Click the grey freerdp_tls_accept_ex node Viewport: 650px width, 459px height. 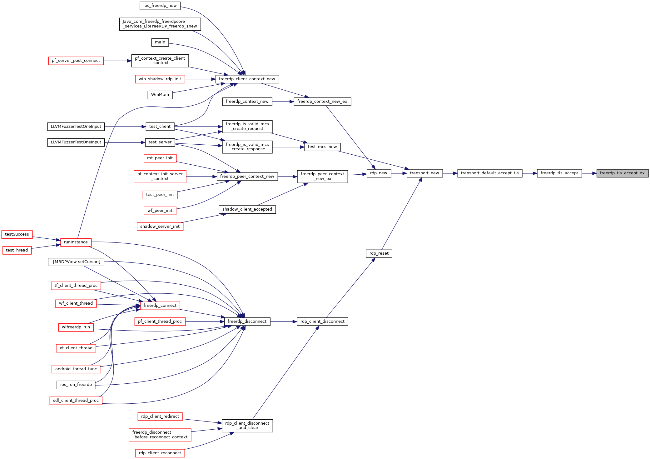coord(623,173)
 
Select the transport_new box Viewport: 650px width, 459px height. coord(424,173)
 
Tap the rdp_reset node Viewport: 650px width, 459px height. coord(379,253)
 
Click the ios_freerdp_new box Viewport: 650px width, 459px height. coord(160,6)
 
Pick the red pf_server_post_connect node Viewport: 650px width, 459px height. coord(76,61)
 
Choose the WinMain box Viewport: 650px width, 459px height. coord(160,95)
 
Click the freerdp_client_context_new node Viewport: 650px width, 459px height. coord(247,79)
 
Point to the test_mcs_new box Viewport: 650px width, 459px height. coord(322,147)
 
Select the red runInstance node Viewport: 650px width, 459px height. coord(76,242)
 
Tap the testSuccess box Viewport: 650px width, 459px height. coord(17,234)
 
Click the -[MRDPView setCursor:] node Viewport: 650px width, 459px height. coord(76,262)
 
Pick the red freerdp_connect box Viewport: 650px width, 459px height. coord(160,306)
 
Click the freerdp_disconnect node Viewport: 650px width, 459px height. coord(247,322)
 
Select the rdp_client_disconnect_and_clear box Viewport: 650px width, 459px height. coord(247,426)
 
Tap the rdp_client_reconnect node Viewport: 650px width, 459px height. coord(160,453)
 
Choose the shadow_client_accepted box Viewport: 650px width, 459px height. coord(247,209)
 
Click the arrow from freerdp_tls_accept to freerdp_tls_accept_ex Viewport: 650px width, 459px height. coord(589,173)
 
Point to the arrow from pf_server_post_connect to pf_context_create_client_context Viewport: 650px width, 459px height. coord(117,61)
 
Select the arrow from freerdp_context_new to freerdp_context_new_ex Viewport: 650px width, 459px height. coord(283,102)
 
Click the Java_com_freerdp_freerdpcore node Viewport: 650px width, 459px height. coord(160,24)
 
